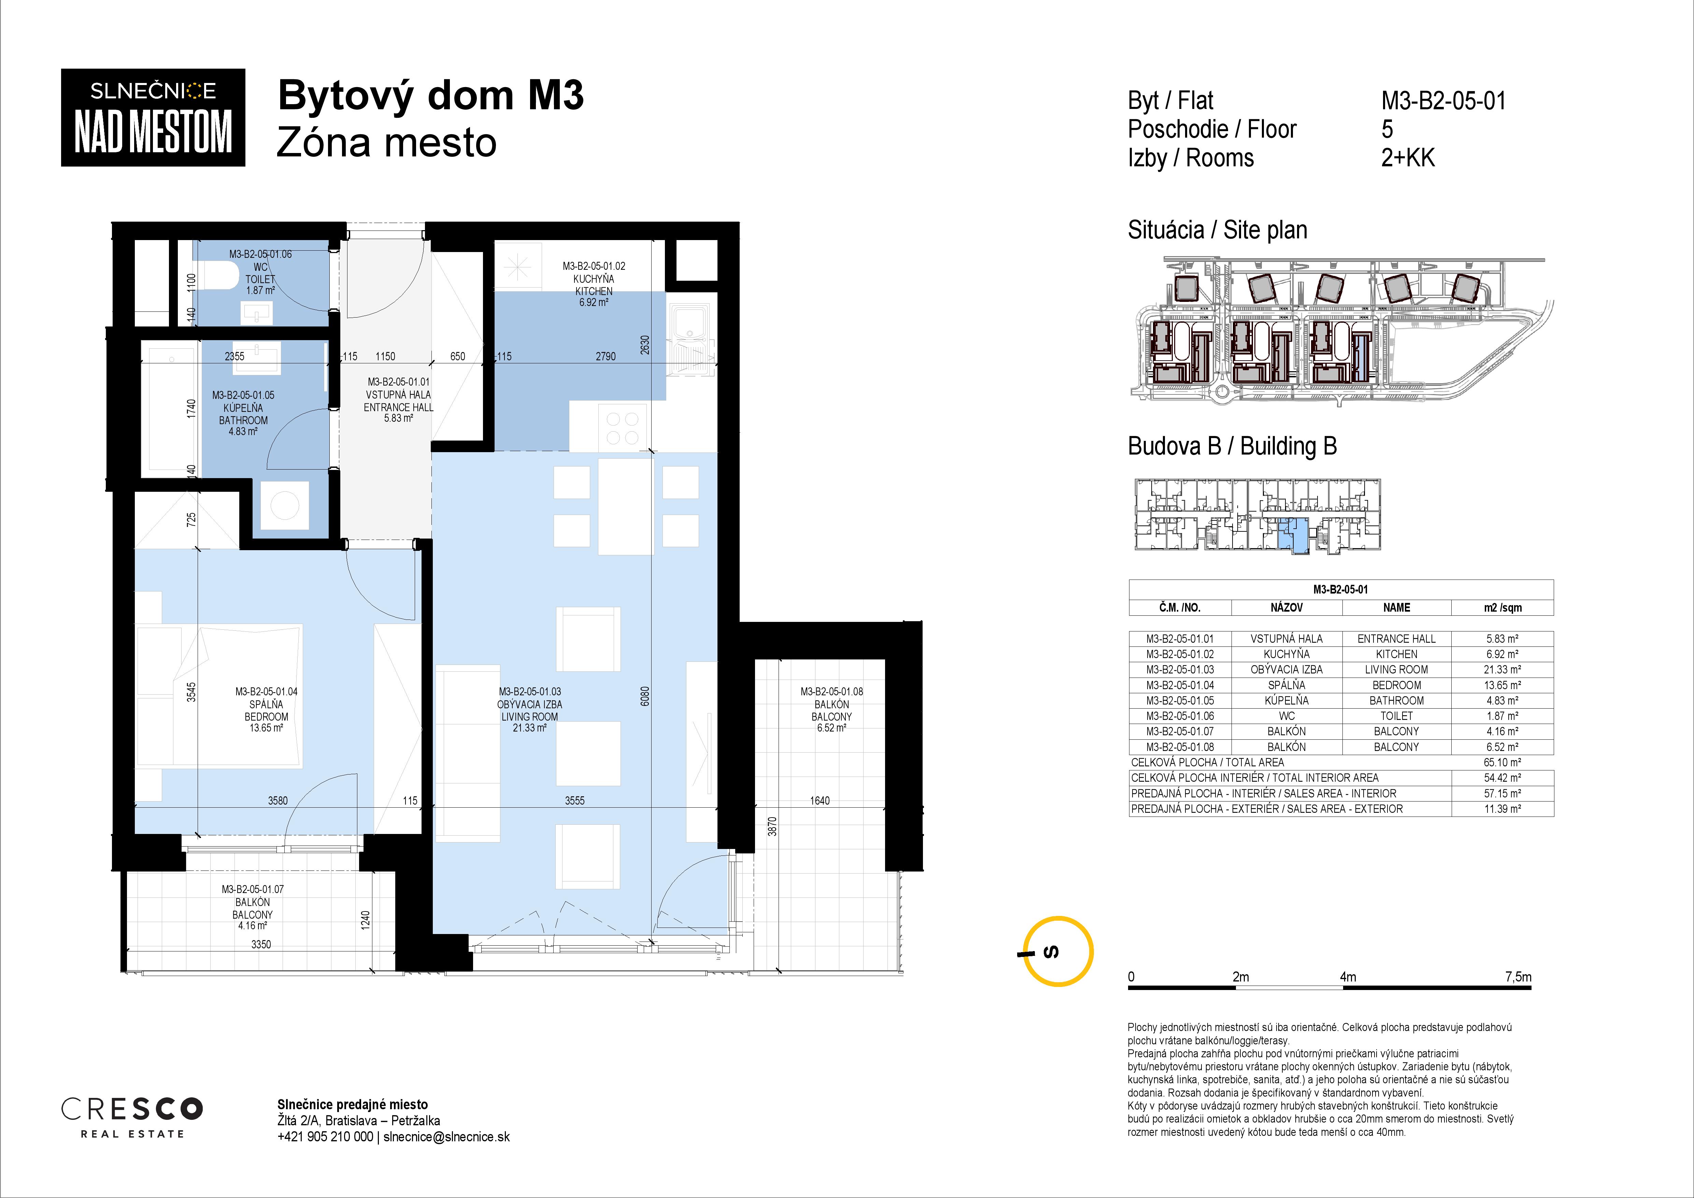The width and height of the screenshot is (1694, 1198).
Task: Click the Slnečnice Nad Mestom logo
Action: [153, 117]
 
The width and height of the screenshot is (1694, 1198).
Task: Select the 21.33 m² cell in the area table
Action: [1502, 669]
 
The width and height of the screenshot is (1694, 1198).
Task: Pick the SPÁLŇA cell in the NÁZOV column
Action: [1287, 685]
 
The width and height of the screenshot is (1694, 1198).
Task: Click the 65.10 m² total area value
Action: [1502, 763]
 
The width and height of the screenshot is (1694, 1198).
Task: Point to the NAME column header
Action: [1397, 608]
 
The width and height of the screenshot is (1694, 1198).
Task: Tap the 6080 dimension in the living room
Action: [645, 696]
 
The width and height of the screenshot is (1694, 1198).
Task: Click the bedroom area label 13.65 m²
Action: [266, 728]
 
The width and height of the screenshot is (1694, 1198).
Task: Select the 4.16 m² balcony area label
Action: [252, 925]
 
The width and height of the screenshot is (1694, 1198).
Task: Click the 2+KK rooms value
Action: [1408, 158]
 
